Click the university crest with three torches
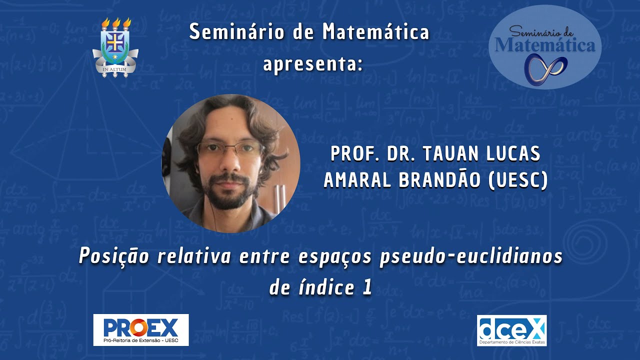click(115, 47)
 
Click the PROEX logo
click(141, 330)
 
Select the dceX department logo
click(511, 330)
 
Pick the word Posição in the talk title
click(114, 257)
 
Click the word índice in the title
click(324, 287)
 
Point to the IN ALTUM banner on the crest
click(115, 69)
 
